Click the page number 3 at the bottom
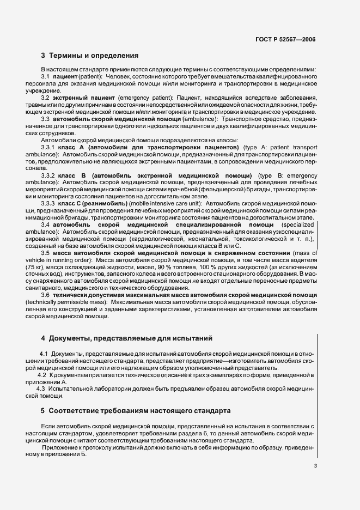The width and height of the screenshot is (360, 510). coord(315,466)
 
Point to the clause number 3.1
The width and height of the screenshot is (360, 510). coord(46,77)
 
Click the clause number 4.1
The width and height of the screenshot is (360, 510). coord(44,354)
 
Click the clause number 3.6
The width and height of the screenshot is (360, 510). coord(46,295)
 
